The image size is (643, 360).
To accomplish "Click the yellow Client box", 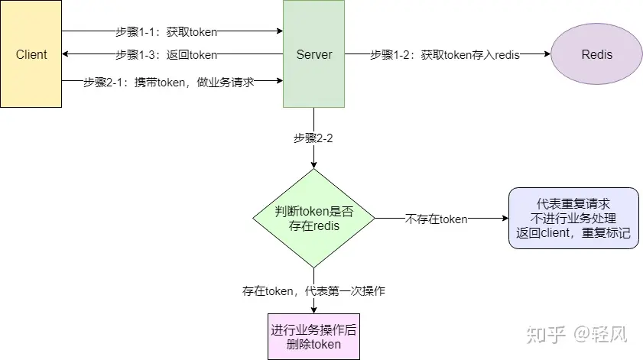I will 31,54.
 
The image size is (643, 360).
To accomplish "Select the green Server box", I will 313,54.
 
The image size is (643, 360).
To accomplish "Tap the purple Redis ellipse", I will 596,55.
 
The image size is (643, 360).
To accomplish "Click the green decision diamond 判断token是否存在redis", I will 313,218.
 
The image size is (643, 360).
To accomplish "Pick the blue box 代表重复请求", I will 573,218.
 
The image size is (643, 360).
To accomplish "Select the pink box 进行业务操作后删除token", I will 313,336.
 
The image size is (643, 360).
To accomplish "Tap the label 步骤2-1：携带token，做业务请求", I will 168,81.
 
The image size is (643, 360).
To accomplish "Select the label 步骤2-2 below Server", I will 313,138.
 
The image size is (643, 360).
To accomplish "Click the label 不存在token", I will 436,219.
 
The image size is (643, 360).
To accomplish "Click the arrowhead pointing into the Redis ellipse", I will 547,55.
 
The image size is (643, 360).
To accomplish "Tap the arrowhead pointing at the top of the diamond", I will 313,164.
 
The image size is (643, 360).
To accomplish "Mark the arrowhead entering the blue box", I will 505,219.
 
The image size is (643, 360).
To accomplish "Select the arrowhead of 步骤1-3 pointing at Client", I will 66,55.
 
